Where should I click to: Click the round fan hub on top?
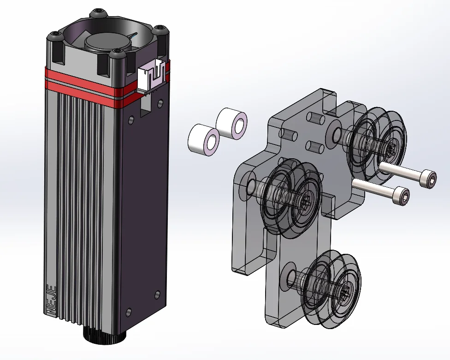coord(107,42)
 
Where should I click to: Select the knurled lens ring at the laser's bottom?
coord(105,335)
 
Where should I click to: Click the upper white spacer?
coord(231,123)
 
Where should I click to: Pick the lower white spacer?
coord(204,140)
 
